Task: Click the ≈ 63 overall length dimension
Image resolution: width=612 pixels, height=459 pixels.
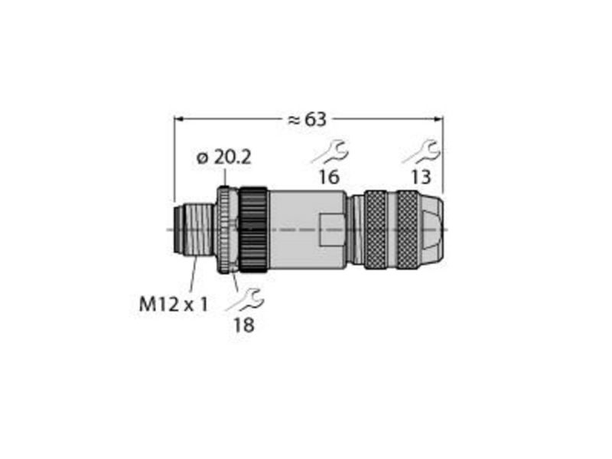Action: (x=307, y=119)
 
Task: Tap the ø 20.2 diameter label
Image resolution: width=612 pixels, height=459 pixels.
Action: (x=224, y=158)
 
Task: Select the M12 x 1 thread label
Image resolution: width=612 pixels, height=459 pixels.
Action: (x=174, y=304)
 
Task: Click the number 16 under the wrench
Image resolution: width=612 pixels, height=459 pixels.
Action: (x=329, y=177)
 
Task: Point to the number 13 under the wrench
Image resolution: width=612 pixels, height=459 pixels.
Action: (x=422, y=177)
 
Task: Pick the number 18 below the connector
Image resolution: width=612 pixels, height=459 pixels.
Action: (x=244, y=324)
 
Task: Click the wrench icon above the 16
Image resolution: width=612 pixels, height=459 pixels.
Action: (x=330, y=151)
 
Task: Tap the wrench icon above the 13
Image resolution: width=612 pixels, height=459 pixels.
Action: (x=422, y=151)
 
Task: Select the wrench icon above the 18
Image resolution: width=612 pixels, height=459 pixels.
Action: (x=245, y=300)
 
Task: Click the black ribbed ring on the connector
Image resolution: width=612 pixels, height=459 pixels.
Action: (x=253, y=230)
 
